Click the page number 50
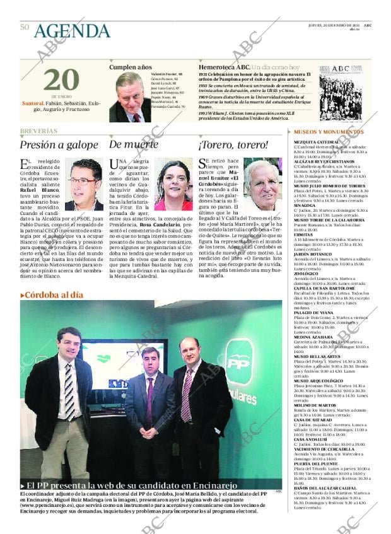click(x=25, y=26)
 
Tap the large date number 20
click(x=61, y=80)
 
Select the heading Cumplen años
click(x=131, y=66)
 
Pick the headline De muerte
click(x=134, y=144)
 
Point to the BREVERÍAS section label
click(x=38, y=131)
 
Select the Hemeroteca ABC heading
click(x=225, y=66)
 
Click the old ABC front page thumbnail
click(x=340, y=92)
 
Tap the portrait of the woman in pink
click(x=173, y=185)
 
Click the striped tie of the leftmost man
click(x=69, y=391)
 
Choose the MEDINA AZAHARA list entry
click(x=309, y=337)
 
